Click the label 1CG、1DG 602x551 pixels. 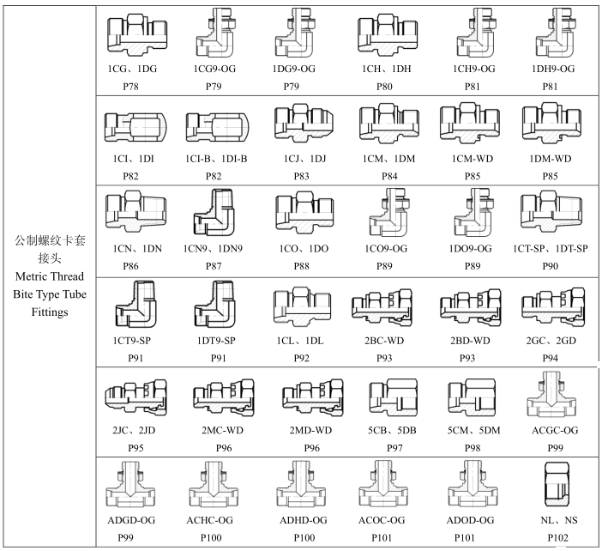pyautogui.click(x=134, y=68)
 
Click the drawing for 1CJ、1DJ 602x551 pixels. pyautogui.click(x=298, y=124)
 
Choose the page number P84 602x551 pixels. pyautogui.click(x=380, y=176)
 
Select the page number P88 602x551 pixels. pyautogui.click(x=298, y=267)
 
